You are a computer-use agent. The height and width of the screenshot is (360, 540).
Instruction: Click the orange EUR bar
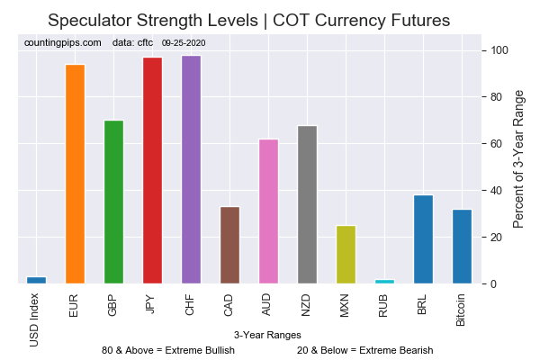[x=75, y=175]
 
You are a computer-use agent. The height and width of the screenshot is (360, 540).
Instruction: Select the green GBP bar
[x=113, y=202]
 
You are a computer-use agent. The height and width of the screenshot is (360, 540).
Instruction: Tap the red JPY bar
[x=152, y=171]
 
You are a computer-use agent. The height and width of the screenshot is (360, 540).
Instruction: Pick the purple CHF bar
[x=191, y=170]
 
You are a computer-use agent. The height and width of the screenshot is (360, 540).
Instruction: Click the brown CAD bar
[x=229, y=246]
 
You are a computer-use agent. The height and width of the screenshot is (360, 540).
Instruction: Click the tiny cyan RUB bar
[x=384, y=282]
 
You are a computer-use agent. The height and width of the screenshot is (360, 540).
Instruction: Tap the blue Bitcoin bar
[x=462, y=247]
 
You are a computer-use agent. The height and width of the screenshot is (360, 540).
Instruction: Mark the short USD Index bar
[x=36, y=280]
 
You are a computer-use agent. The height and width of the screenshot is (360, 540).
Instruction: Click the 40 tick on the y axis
[x=496, y=191]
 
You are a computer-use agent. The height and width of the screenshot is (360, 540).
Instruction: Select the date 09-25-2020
[x=184, y=42]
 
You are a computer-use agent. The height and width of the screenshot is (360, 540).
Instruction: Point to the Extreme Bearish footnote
[x=364, y=350]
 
